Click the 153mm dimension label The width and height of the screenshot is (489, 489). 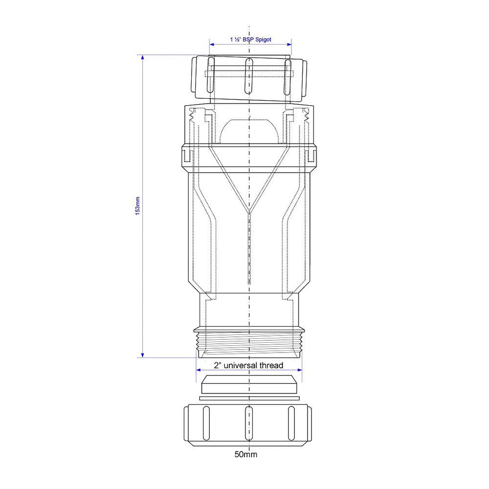click(x=137, y=206)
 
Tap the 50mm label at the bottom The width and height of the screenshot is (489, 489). click(x=246, y=454)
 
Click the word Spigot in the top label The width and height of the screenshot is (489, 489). click(x=263, y=40)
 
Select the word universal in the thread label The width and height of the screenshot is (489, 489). click(x=241, y=365)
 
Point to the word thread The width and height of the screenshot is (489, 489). click(x=271, y=365)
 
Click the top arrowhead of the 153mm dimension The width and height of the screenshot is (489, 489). click(x=142, y=57)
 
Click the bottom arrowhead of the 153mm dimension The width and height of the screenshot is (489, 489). click(x=142, y=356)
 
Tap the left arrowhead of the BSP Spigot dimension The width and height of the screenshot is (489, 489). click(x=212, y=44)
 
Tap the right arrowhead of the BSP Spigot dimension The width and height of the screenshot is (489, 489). click(x=289, y=44)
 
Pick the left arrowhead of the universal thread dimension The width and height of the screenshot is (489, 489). click(x=199, y=370)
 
